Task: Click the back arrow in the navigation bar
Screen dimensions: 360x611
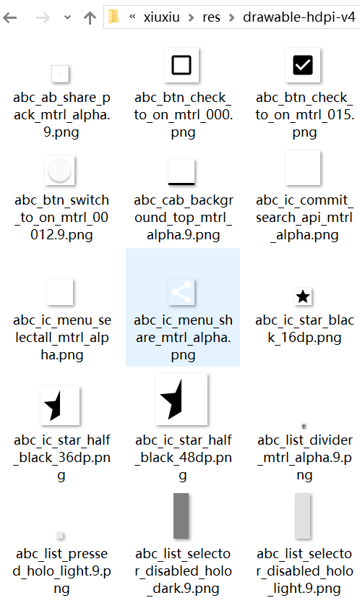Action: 9,17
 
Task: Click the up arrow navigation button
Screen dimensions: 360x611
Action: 90,17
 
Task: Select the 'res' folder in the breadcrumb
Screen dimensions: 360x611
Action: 211,17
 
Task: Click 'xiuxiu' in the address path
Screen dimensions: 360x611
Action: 162,17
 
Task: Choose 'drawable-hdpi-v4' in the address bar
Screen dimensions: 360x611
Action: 299,17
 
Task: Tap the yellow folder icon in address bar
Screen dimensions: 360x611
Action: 113,17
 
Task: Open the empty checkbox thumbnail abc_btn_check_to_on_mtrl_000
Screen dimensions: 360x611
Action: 181,65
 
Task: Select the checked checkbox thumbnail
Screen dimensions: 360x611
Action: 303,65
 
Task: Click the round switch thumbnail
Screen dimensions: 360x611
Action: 59,171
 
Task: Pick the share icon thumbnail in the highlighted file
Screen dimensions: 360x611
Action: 181,291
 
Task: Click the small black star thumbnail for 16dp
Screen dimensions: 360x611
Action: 303,297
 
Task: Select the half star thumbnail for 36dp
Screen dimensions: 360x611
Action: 59,406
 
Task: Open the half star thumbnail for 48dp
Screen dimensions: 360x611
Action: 181,399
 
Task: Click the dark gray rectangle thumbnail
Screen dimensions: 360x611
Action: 181,516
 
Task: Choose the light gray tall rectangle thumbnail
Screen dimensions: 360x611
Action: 303,516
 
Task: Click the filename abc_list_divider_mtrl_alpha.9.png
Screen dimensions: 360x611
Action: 304,458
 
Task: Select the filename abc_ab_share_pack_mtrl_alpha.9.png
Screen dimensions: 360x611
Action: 61,115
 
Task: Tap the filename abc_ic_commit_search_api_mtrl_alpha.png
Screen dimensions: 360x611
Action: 304,218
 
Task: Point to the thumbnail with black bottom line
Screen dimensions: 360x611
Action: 181,172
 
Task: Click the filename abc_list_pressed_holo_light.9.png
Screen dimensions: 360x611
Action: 61,571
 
